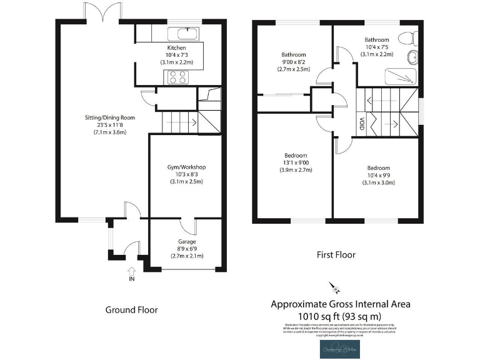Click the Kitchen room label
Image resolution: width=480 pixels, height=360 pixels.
[x=176, y=48]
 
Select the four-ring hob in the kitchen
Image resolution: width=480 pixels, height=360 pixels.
[x=176, y=77]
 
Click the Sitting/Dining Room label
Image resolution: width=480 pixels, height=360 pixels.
[x=110, y=117]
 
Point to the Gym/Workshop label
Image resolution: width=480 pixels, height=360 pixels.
[x=186, y=167]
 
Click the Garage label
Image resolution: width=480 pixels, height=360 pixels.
[x=186, y=241]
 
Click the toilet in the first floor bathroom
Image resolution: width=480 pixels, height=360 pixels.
[x=409, y=37]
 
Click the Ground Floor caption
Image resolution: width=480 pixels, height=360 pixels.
[x=131, y=309]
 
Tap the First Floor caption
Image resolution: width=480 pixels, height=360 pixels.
[x=335, y=255]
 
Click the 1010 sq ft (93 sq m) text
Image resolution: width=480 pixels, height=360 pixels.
[x=340, y=316]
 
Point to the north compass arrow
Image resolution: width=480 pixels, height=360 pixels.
[x=334, y=288]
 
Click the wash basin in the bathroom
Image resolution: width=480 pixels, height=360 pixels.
[x=412, y=59]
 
